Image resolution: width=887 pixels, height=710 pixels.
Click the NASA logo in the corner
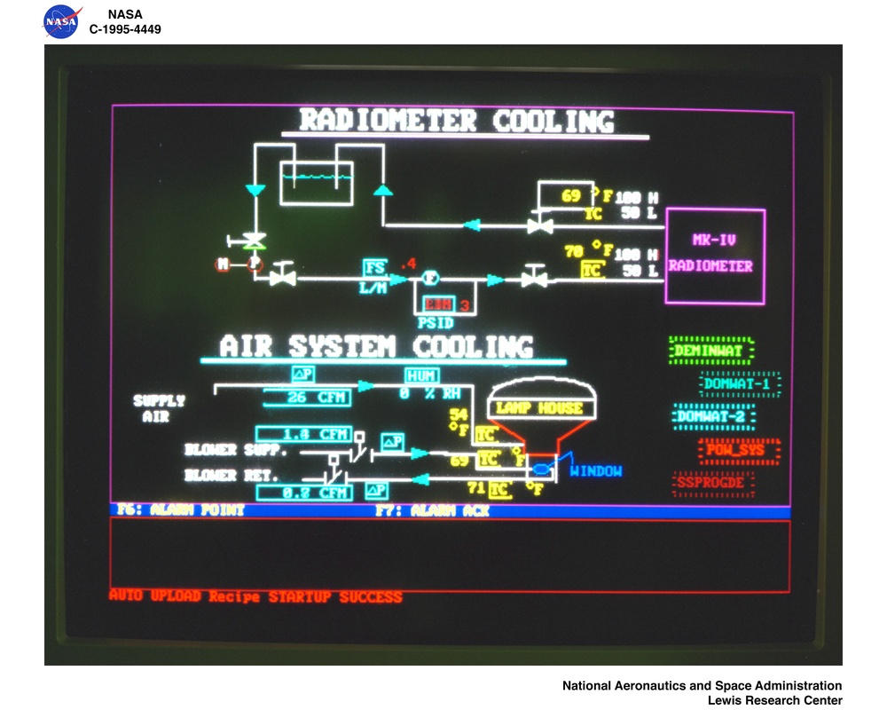61,21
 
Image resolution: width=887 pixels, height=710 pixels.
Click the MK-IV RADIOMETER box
714,256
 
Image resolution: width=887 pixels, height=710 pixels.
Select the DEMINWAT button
710,351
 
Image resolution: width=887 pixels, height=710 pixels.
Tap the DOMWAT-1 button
740,384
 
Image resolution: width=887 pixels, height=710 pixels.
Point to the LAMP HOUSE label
539,408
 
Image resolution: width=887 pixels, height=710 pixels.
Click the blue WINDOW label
595,471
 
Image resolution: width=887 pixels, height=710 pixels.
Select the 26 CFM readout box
304,398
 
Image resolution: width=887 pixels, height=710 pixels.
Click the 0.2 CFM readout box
303,492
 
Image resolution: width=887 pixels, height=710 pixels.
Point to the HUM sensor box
422,375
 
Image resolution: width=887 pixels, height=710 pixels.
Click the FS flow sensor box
375,267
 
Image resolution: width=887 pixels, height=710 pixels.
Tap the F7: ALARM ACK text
431,511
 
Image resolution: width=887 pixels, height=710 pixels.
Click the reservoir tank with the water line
317,183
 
